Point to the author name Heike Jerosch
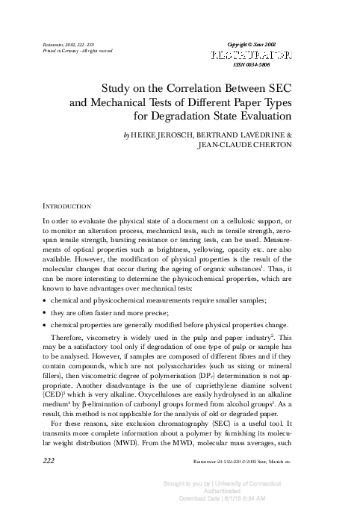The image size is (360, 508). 162,134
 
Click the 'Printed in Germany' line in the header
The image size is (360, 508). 69,52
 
